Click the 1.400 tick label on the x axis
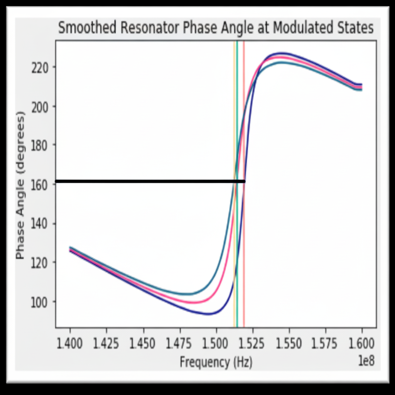70,343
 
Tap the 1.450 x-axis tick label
143,343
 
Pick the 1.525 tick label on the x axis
253,343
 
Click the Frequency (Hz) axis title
216,362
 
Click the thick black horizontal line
147,181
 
